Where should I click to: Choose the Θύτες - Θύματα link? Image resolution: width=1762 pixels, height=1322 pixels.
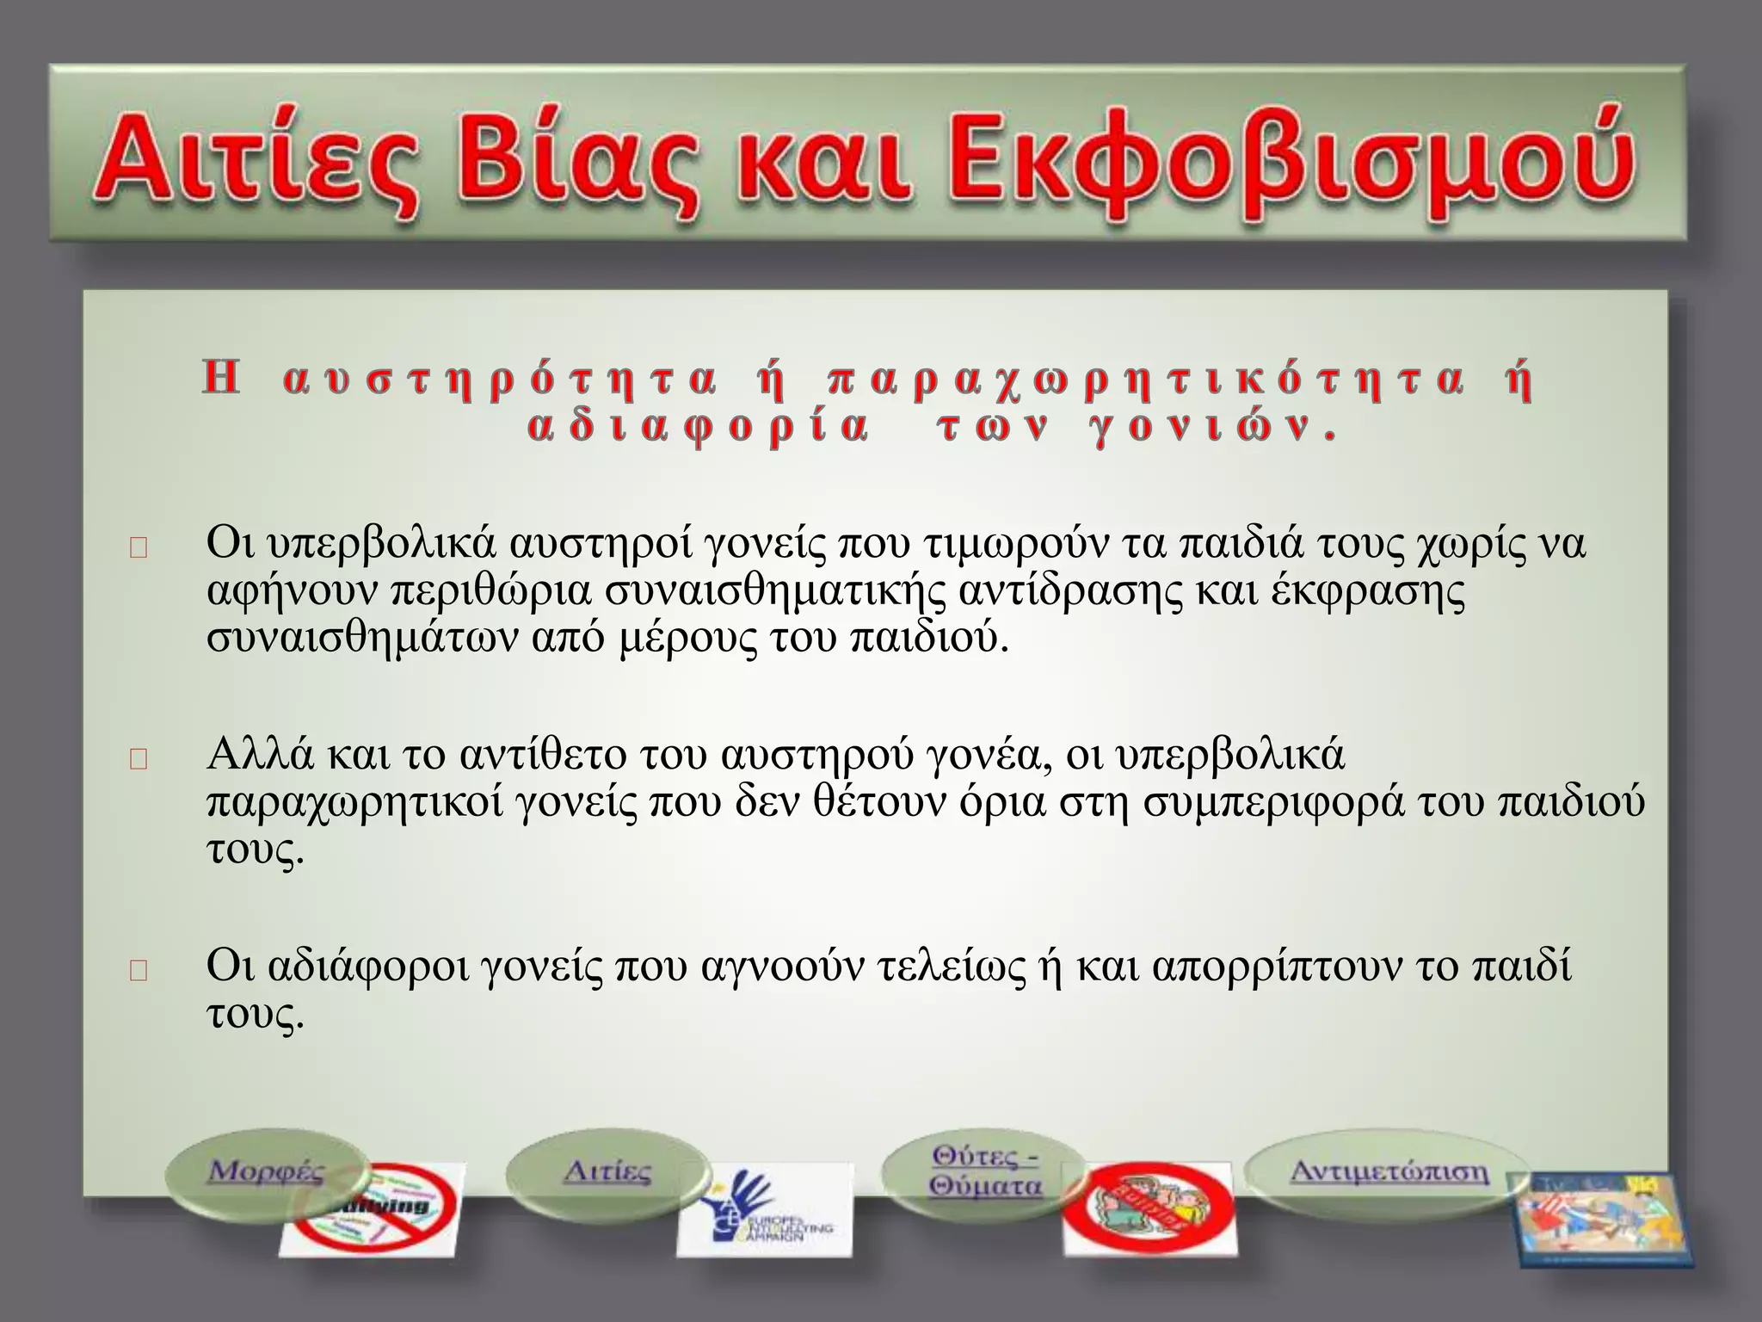[985, 1171]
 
